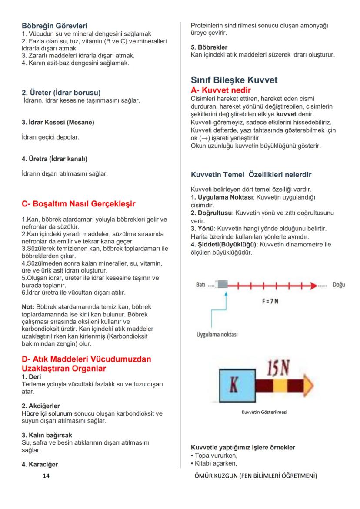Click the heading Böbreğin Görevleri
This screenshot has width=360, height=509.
pos(57,26)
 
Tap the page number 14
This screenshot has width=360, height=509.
pos(46,476)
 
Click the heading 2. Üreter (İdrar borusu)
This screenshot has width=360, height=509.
pos(61,93)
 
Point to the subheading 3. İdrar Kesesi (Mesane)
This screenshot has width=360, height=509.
pos(58,123)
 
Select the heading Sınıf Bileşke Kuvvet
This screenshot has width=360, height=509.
pos(234,80)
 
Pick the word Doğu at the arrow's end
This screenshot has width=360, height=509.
pos(339,285)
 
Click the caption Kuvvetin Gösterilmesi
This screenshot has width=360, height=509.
pos(264,412)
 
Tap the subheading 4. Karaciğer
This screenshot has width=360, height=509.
pos(40,464)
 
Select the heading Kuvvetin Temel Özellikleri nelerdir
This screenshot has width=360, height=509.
pos(251,175)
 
